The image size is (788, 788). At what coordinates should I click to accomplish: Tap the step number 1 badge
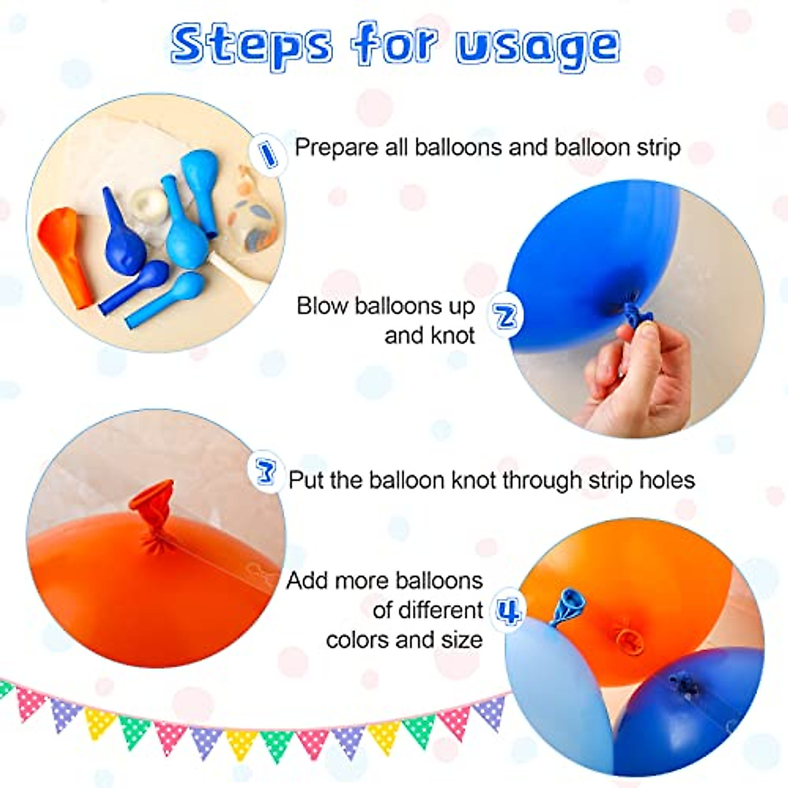point(267,154)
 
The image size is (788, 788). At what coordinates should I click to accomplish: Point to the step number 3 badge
point(266,471)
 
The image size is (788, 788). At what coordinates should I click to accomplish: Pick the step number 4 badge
point(508,610)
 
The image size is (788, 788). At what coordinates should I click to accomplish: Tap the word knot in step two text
point(449,336)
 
